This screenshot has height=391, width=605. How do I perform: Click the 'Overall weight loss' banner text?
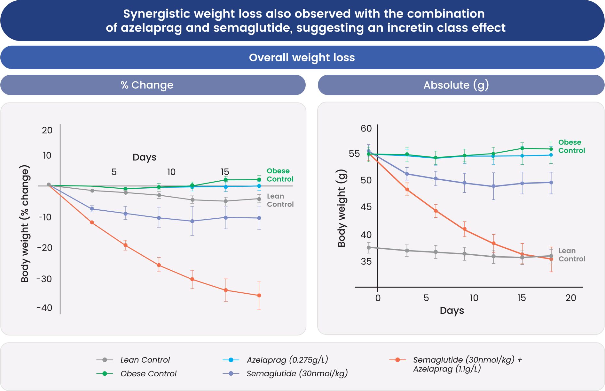coord(302,57)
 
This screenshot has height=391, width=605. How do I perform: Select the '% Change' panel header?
coord(147,85)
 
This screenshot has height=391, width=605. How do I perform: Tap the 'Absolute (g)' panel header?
coord(456,85)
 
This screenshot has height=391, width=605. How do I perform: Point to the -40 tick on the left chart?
coord(44,308)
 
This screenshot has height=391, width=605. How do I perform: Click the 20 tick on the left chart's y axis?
coord(47,130)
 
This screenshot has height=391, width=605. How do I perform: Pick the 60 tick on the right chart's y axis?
coord(366,129)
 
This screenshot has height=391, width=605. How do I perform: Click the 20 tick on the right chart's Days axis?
coord(570,298)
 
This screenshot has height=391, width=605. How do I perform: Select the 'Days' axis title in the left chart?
coord(145,157)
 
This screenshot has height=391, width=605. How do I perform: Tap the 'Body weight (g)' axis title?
coord(342,208)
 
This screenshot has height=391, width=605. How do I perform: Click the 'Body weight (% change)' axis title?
coord(25,223)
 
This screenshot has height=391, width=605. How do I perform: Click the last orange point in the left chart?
coord(259,295)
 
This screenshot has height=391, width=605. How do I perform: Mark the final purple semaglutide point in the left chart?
coord(259,218)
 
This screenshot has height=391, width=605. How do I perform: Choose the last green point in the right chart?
coord(551,149)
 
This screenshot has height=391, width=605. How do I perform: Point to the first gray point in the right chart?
coord(369,247)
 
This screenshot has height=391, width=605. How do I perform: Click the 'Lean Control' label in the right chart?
coord(572,255)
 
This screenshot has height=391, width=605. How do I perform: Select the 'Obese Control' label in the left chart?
coord(280,175)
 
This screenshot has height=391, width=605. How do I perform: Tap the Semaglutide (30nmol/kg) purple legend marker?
coord(231,373)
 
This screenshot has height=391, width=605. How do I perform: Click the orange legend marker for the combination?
coord(397,360)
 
